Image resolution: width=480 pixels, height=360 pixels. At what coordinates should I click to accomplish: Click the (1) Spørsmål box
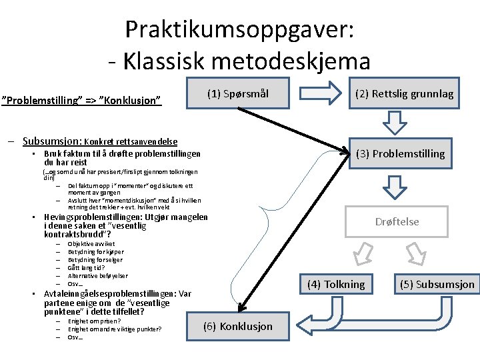click(x=237, y=93)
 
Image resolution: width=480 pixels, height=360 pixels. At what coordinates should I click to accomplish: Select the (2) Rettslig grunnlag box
click(x=404, y=93)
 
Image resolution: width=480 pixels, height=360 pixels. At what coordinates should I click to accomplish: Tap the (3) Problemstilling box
click(x=400, y=153)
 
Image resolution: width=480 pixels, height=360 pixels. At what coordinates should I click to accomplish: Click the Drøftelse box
click(x=397, y=222)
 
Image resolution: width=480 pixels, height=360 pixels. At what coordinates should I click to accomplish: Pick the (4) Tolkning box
click(x=336, y=284)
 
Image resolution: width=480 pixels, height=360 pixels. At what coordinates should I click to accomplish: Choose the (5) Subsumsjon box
click(x=437, y=284)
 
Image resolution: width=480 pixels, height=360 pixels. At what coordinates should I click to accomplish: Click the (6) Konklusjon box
click(x=238, y=326)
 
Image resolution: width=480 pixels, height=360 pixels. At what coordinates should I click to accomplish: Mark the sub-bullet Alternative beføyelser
click(x=98, y=275)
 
